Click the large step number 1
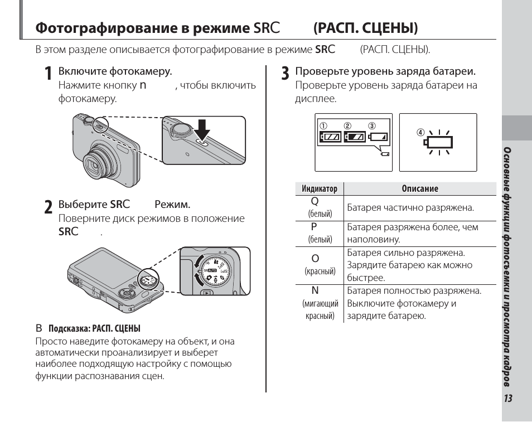(49, 73)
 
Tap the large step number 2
(49, 207)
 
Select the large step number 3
(286, 73)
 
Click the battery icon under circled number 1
(331, 137)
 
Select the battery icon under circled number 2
(355, 137)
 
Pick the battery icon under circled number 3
(378, 137)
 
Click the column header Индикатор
(320, 188)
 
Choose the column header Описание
(420, 188)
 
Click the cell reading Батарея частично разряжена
(410, 207)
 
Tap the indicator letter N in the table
(315, 291)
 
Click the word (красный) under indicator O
(320, 271)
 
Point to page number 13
(508, 398)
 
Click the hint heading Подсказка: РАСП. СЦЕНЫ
(94, 328)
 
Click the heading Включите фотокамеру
(115, 71)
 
